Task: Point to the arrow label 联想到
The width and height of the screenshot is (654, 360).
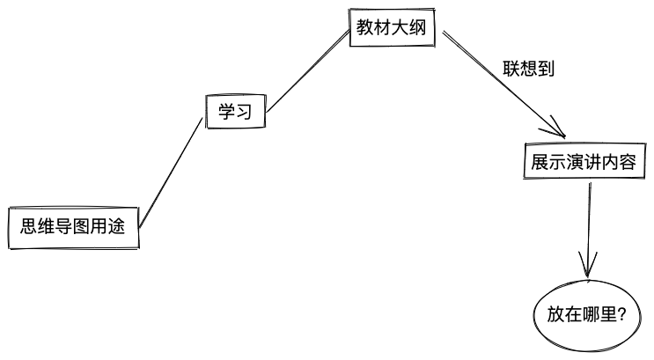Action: click(528, 69)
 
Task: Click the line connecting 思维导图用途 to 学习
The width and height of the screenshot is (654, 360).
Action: click(171, 173)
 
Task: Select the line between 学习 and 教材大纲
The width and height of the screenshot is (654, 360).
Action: click(308, 71)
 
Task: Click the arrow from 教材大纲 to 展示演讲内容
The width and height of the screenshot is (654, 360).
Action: click(503, 84)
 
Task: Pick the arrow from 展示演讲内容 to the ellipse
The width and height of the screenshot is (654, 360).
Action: click(589, 230)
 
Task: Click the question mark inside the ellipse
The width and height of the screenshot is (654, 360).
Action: click(622, 314)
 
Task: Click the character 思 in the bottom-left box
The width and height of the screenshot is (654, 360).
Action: click(29, 226)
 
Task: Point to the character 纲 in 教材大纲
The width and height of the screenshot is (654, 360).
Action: click(418, 27)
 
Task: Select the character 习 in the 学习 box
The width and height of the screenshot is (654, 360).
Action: click(245, 112)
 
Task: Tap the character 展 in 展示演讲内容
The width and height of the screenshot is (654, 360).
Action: click(540, 162)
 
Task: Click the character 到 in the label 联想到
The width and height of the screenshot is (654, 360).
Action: click(546, 69)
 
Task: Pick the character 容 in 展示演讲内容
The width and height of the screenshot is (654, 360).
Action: click(628, 162)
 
